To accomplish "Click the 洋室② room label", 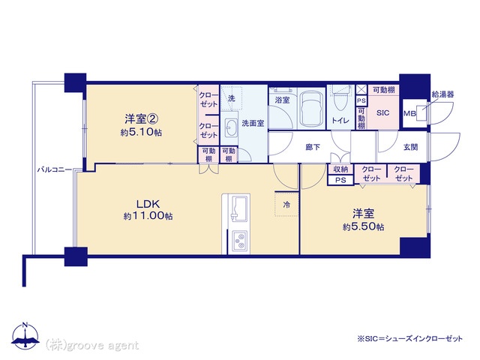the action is click(x=142, y=118).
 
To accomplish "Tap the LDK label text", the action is click(x=148, y=204).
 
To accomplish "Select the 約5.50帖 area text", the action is click(x=363, y=226).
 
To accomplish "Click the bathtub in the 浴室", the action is click(x=311, y=109).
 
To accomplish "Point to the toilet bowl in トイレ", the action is click(x=339, y=101).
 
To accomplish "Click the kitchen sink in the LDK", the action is click(x=238, y=208).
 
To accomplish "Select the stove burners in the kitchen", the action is click(x=239, y=241).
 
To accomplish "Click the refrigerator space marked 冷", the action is click(x=286, y=204).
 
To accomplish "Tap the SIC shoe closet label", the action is click(x=382, y=113).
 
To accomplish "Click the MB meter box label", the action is click(x=409, y=113).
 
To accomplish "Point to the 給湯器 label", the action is click(x=442, y=94).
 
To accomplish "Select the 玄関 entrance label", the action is click(x=410, y=147).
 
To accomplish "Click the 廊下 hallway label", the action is click(x=313, y=147).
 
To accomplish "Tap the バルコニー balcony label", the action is click(x=55, y=169).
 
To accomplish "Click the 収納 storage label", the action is click(x=340, y=169).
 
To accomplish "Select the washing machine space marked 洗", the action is click(x=232, y=98).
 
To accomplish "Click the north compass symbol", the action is click(x=25, y=337).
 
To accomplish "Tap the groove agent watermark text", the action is click(x=92, y=345).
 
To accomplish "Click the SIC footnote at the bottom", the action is click(x=410, y=338).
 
